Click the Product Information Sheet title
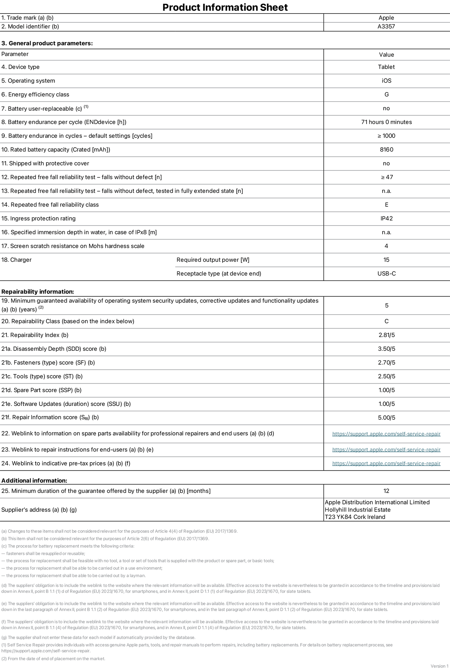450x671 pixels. pyautogui.click(x=225, y=7)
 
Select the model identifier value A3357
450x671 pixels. pyautogui.click(x=386, y=26)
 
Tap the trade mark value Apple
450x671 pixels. pyautogui.click(x=386, y=18)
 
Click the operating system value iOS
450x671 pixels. pyautogui.click(x=386, y=81)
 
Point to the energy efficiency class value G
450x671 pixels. pyautogui.click(x=386, y=94)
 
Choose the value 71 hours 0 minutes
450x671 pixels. pyautogui.click(x=386, y=122)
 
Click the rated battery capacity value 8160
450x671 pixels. pyautogui.click(x=386, y=150)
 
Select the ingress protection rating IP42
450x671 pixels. pyautogui.click(x=386, y=218)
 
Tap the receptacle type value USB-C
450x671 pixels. pyautogui.click(x=386, y=274)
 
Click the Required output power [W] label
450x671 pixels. pyautogui.click(x=213, y=260)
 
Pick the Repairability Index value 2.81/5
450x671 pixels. pyautogui.click(x=386, y=335)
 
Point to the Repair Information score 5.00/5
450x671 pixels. pyautogui.click(x=386, y=418)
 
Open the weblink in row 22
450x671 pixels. pyautogui.click(x=386, y=434)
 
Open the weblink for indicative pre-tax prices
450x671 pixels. pyautogui.click(x=386, y=463)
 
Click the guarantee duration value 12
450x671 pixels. pyautogui.click(x=386, y=491)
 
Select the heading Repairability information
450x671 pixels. pyautogui.click(x=38, y=291)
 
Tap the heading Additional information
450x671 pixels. pyautogui.click(x=34, y=480)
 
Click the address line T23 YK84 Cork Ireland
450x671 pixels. pyautogui.click(x=355, y=517)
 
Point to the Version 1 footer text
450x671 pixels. pyautogui.click(x=439, y=666)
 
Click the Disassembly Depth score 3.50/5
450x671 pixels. pyautogui.click(x=386, y=349)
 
